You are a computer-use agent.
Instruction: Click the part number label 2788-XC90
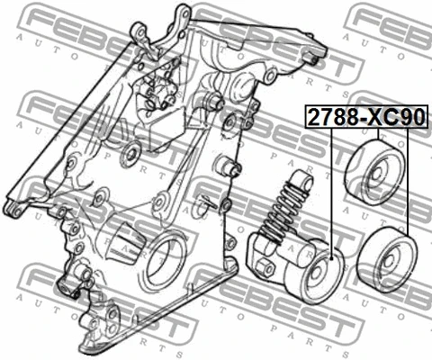(x=366, y=117)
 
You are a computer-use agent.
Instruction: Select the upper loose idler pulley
(x=374, y=172)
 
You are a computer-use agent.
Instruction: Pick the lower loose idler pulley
(x=388, y=260)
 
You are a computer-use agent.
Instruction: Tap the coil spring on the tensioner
(x=284, y=210)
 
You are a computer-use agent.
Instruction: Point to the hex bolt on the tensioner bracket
(x=265, y=266)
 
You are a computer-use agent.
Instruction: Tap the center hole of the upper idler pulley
(x=377, y=174)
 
